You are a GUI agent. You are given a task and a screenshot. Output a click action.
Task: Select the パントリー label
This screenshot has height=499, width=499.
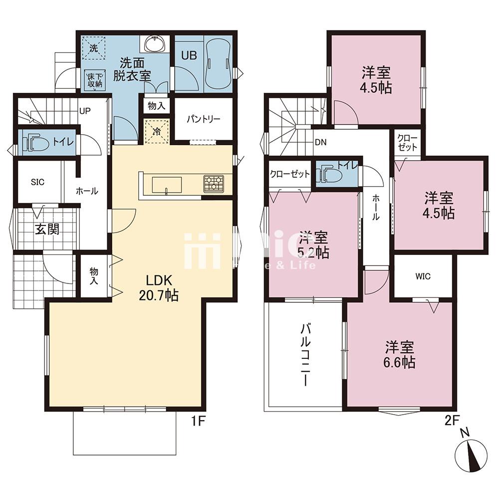tap(204, 120)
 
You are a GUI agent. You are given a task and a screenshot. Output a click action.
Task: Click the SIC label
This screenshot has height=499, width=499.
tap(38, 182)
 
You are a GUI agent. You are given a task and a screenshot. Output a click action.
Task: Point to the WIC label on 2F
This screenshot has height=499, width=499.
tap(423, 276)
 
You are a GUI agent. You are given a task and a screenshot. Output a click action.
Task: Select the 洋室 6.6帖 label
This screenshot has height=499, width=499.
tap(400, 354)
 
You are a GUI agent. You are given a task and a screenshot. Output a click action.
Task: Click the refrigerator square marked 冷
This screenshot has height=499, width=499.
tap(157, 132)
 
